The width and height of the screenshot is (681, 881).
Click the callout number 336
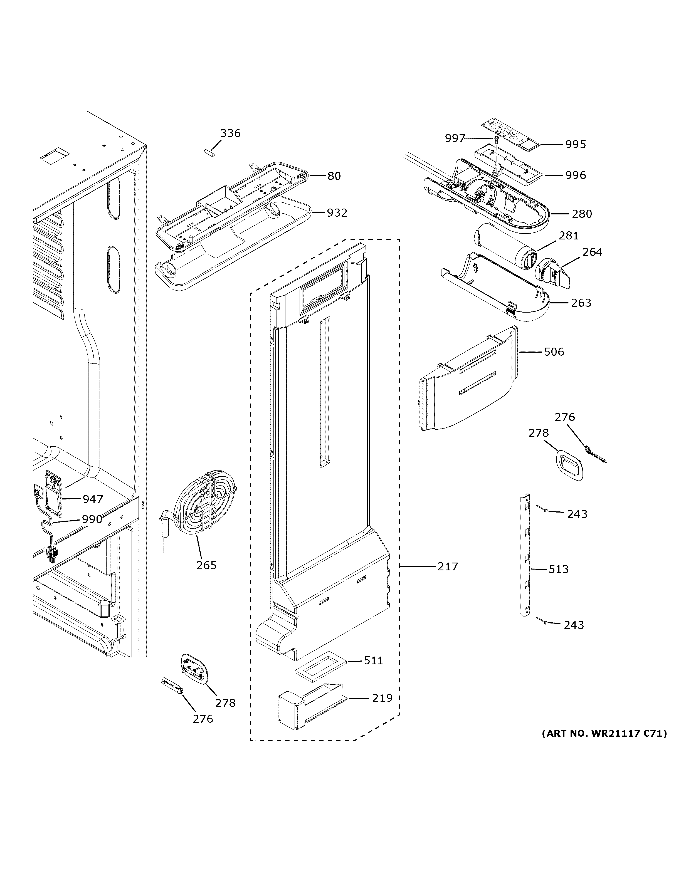[x=230, y=133]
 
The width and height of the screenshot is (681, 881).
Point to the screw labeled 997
[x=497, y=140]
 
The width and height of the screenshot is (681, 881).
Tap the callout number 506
[x=554, y=352]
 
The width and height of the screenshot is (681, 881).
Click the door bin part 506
[x=468, y=381]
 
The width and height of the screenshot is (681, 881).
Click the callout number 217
[x=448, y=566]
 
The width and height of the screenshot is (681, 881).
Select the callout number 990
[x=92, y=519]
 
